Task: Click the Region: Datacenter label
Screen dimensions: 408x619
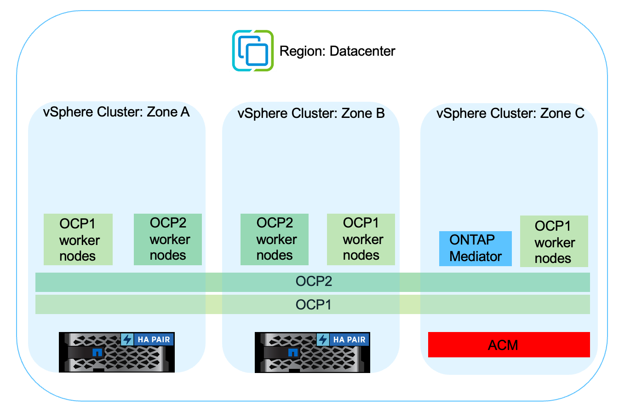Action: (x=337, y=51)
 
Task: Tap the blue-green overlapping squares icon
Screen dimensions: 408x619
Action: (x=252, y=51)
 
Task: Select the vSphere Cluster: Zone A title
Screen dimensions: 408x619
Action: (x=116, y=112)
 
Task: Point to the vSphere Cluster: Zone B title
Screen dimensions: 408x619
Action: (x=311, y=113)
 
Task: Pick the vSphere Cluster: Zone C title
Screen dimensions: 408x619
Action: (x=510, y=113)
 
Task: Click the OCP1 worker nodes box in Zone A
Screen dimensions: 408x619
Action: (x=78, y=239)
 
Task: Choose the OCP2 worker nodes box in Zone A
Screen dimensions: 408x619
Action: (x=168, y=239)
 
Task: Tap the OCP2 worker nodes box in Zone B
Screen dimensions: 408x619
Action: (x=275, y=239)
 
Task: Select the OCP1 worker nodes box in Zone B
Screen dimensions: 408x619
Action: (x=361, y=239)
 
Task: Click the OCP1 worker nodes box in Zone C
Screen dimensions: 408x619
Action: (x=554, y=241)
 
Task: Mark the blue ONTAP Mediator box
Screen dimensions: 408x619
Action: (x=476, y=249)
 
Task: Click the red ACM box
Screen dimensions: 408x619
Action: (x=509, y=344)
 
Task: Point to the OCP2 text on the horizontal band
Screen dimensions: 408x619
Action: (x=314, y=282)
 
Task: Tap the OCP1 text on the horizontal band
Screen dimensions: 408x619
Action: (x=314, y=304)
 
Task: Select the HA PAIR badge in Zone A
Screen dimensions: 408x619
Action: (x=154, y=340)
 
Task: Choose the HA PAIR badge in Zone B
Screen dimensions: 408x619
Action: (x=350, y=340)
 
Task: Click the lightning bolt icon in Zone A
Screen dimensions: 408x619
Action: (x=127, y=340)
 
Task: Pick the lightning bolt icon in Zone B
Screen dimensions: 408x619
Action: (x=323, y=340)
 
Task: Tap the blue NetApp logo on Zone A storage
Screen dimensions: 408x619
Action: (x=97, y=353)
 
